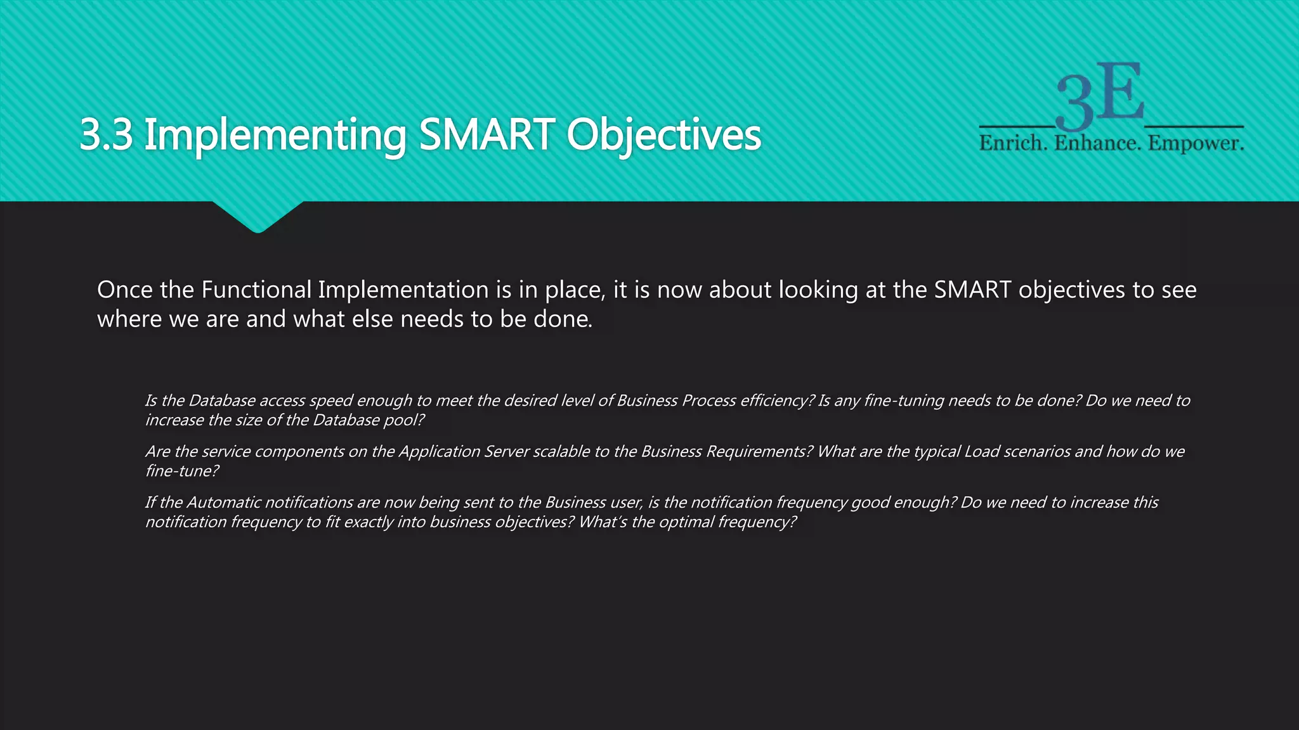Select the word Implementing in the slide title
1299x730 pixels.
[275, 136]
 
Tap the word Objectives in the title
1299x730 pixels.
[663, 136]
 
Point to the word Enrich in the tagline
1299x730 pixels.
[1013, 143]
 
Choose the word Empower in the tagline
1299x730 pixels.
[1195, 143]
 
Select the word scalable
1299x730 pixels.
[562, 451]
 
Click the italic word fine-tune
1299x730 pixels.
[181, 471]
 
